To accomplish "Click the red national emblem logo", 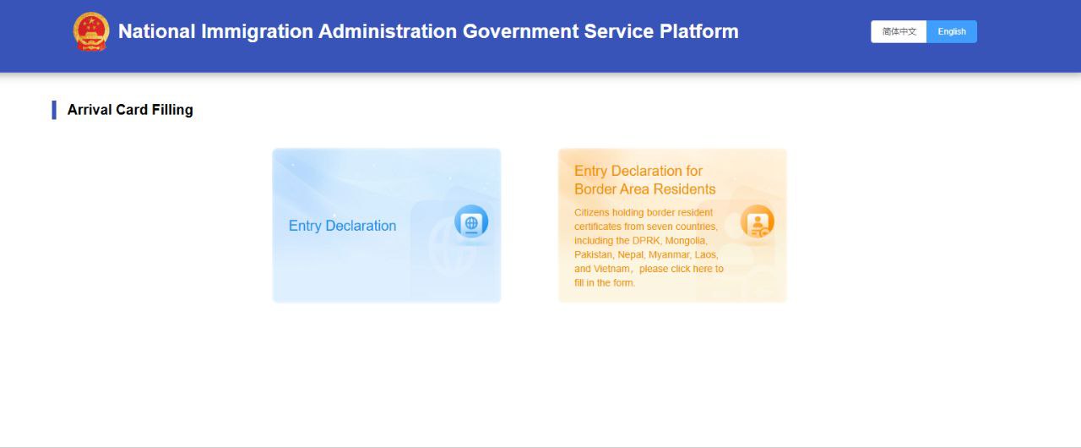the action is tap(90, 31).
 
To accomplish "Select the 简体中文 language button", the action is tap(899, 31).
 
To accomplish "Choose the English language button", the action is tap(952, 31).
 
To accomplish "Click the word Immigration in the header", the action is tap(258, 32).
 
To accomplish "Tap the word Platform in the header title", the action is tap(698, 31).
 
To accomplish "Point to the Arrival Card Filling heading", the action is tap(130, 110).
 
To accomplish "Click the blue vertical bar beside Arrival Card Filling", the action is tap(54, 110).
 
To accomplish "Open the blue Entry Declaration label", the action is tap(342, 226).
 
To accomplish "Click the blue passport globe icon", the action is tap(471, 222).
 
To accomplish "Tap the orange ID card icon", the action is tap(758, 221).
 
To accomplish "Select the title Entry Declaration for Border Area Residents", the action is tap(644, 179).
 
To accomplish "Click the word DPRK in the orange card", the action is tap(646, 240).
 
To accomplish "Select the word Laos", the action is tap(706, 254).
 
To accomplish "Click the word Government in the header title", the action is tap(520, 31).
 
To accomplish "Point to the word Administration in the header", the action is tap(388, 31).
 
